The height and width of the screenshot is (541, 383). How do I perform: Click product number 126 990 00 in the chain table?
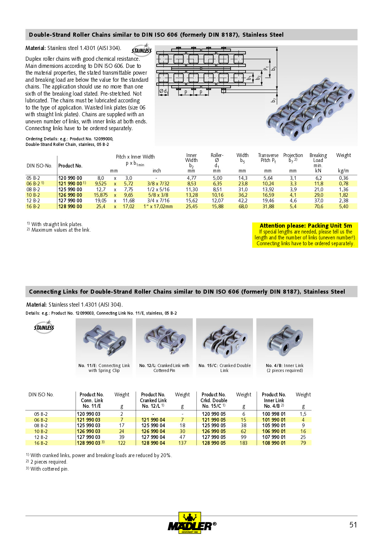pyautogui.click(x=70, y=195)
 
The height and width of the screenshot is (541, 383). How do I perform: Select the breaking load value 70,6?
pyautogui.click(x=319, y=206)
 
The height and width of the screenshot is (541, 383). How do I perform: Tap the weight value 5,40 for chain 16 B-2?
pyautogui.click(x=343, y=206)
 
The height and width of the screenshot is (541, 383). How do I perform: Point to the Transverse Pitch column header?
pyautogui.click(x=268, y=158)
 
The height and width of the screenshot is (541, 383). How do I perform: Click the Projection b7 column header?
pyautogui.click(x=293, y=158)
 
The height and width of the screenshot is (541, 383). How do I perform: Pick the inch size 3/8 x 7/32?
pyautogui.click(x=158, y=184)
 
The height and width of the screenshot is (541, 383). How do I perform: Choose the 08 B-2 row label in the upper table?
pyautogui.click(x=33, y=189)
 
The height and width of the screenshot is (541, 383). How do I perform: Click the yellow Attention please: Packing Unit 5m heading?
pyautogui.click(x=306, y=225)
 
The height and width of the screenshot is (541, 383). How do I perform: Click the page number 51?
pyautogui.click(x=353, y=525)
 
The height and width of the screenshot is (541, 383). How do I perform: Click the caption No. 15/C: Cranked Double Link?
pyautogui.click(x=225, y=368)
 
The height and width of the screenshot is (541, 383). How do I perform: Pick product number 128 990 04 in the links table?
pyautogui.click(x=153, y=443)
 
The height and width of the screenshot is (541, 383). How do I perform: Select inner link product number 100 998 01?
pyautogui.click(x=274, y=414)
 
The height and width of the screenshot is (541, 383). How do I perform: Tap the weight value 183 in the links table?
pyautogui.click(x=243, y=443)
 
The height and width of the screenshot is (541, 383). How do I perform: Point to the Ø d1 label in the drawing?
pyautogui.click(x=163, y=91)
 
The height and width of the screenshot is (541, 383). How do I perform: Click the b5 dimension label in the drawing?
pyautogui.click(x=274, y=68)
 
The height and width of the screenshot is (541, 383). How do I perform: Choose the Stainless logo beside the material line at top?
pyautogui.click(x=141, y=50)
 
